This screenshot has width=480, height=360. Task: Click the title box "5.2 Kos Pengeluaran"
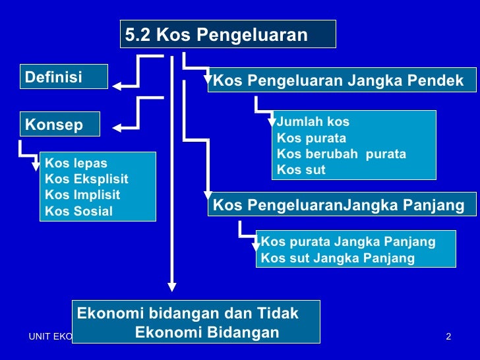[227, 34]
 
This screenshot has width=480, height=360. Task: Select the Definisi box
[64, 77]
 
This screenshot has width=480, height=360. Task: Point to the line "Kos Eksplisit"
[86, 179]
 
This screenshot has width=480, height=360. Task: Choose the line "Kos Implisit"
[82, 195]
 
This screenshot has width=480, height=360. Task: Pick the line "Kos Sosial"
[78, 212]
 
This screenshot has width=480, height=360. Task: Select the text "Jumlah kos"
[313, 122]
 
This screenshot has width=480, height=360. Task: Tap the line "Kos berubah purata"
[342, 154]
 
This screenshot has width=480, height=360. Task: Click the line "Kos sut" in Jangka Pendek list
[301, 170]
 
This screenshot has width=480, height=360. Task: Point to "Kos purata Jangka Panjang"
[348, 241]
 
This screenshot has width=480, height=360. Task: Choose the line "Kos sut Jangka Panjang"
[338, 258]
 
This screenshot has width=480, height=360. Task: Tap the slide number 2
[448, 338]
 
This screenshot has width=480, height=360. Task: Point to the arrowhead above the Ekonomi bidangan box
[171, 287]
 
